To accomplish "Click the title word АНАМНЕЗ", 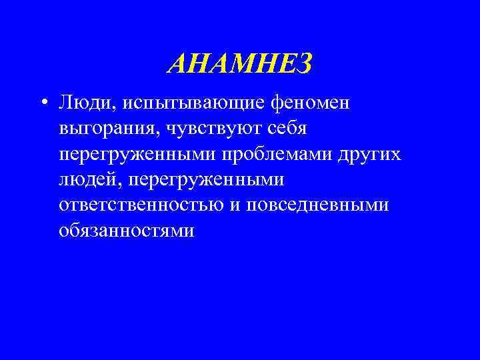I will click(240, 65).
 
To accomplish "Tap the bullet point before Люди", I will click(43, 103).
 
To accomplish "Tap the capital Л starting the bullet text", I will click(65, 104).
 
